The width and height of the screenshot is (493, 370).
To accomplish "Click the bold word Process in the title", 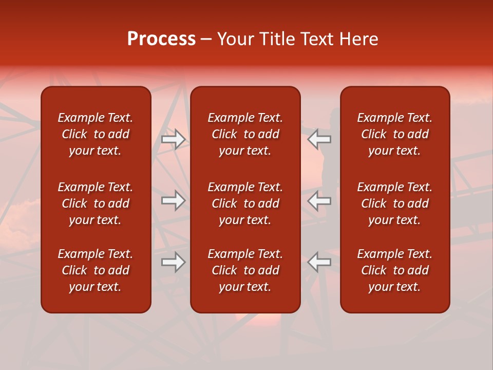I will pos(161,39).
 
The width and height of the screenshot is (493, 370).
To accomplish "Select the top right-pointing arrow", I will pos(173,139).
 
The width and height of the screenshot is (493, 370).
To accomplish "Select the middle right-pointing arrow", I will pos(173,200).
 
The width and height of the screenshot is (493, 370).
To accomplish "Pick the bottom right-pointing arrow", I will pos(173,262).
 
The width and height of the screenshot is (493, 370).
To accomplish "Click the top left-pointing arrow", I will pos(319,139).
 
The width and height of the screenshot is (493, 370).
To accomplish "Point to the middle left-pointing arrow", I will pos(319,200).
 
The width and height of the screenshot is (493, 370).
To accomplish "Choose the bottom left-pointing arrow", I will pos(319,262).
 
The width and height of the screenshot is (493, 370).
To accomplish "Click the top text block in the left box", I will pos(96,134).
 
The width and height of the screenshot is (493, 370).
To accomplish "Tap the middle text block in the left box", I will pos(96,203).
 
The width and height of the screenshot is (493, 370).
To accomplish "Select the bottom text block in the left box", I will pos(96,270).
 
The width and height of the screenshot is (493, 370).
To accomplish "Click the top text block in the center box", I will pos(245,134).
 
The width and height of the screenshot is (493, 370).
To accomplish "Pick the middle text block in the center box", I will pos(245,203).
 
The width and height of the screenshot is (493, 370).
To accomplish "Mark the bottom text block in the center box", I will pos(245,270).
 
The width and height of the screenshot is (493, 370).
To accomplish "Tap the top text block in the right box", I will pos(394,134).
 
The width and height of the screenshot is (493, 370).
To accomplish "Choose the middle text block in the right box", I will pos(394,203).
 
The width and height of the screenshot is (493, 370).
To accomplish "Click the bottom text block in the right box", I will pos(394,270).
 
